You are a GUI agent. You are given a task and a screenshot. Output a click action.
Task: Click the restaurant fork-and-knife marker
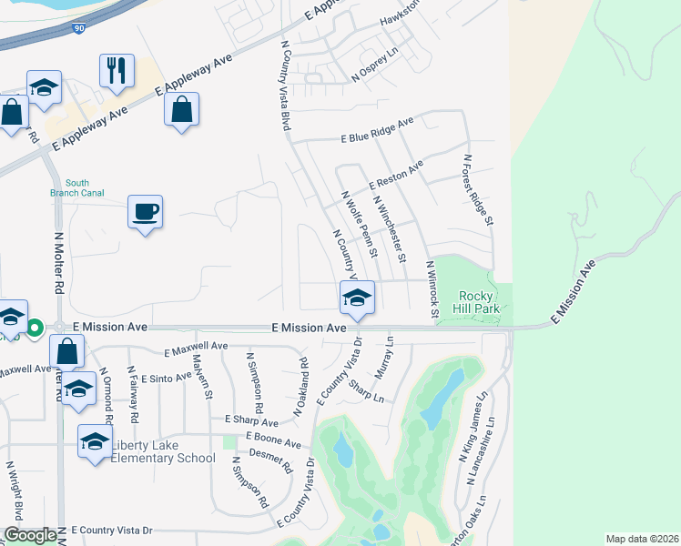pos(117,71)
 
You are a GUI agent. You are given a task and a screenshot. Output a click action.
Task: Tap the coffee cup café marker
pos(146,213)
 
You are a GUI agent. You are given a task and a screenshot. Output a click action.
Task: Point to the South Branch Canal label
pos(77,187)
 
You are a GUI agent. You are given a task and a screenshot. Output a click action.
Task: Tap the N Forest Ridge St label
pos(478,189)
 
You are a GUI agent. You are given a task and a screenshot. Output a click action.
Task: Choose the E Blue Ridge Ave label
pos(377,132)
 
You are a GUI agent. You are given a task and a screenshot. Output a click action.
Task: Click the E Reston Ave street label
pos(396,176)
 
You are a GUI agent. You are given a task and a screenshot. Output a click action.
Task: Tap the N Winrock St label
pos(432,289)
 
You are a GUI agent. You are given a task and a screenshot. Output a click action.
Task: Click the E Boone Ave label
pos(272,441)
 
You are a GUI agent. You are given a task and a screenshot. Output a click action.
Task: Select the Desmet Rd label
pos(270,460)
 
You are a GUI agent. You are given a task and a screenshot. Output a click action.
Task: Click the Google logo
pos(30,536)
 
